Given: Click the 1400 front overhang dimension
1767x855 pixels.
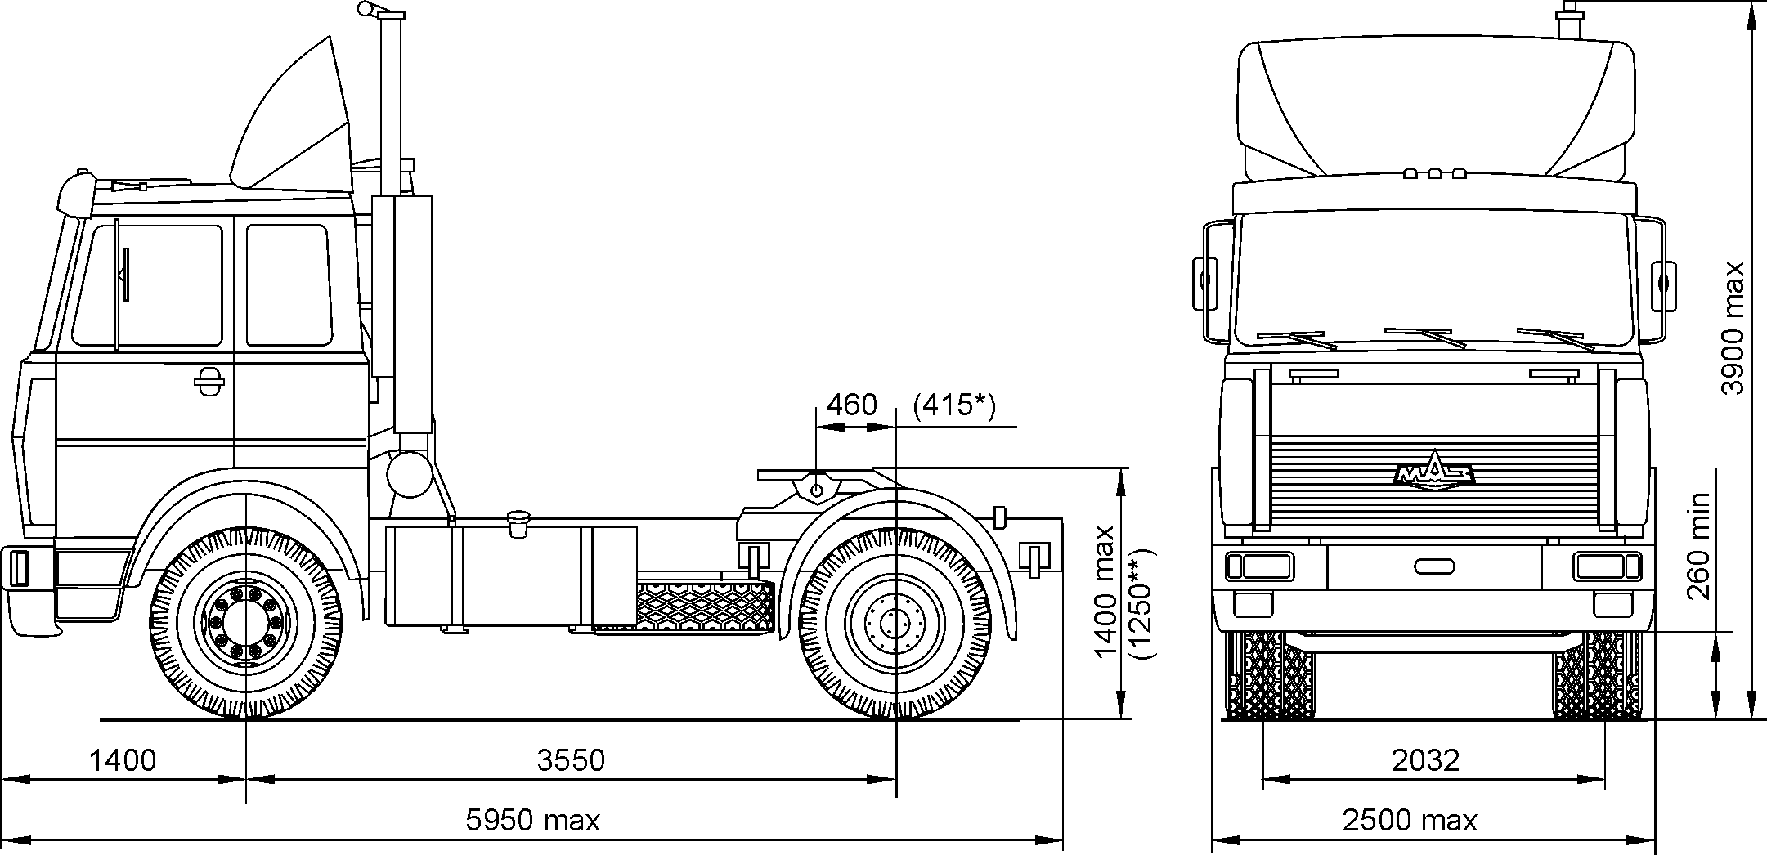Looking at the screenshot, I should pyautogui.click(x=122, y=760).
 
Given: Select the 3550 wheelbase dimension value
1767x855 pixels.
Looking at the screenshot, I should pyautogui.click(x=571, y=760).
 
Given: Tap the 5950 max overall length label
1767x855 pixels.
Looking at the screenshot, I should pyautogui.click(x=532, y=819).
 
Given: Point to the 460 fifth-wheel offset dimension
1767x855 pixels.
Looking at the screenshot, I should pyautogui.click(x=851, y=405).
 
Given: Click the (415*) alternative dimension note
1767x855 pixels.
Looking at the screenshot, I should pyautogui.click(x=954, y=405).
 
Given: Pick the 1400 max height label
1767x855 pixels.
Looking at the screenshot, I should pyautogui.click(x=1104, y=591).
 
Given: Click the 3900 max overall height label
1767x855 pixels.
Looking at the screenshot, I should pyautogui.click(x=1733, y=328).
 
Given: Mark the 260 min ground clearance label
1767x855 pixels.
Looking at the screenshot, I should pyautogui.click(x=1698, y=545).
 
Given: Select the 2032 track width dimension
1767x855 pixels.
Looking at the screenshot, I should pyautogui.click(x=1425, y=760).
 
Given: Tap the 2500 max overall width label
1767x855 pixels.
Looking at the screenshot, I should pyautogui.click(x=1410, y=819).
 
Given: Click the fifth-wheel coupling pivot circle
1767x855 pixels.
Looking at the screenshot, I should pyautogui.click(x=815, y=489).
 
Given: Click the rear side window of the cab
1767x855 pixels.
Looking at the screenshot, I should pyautogui.click(x=288, y=284).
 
